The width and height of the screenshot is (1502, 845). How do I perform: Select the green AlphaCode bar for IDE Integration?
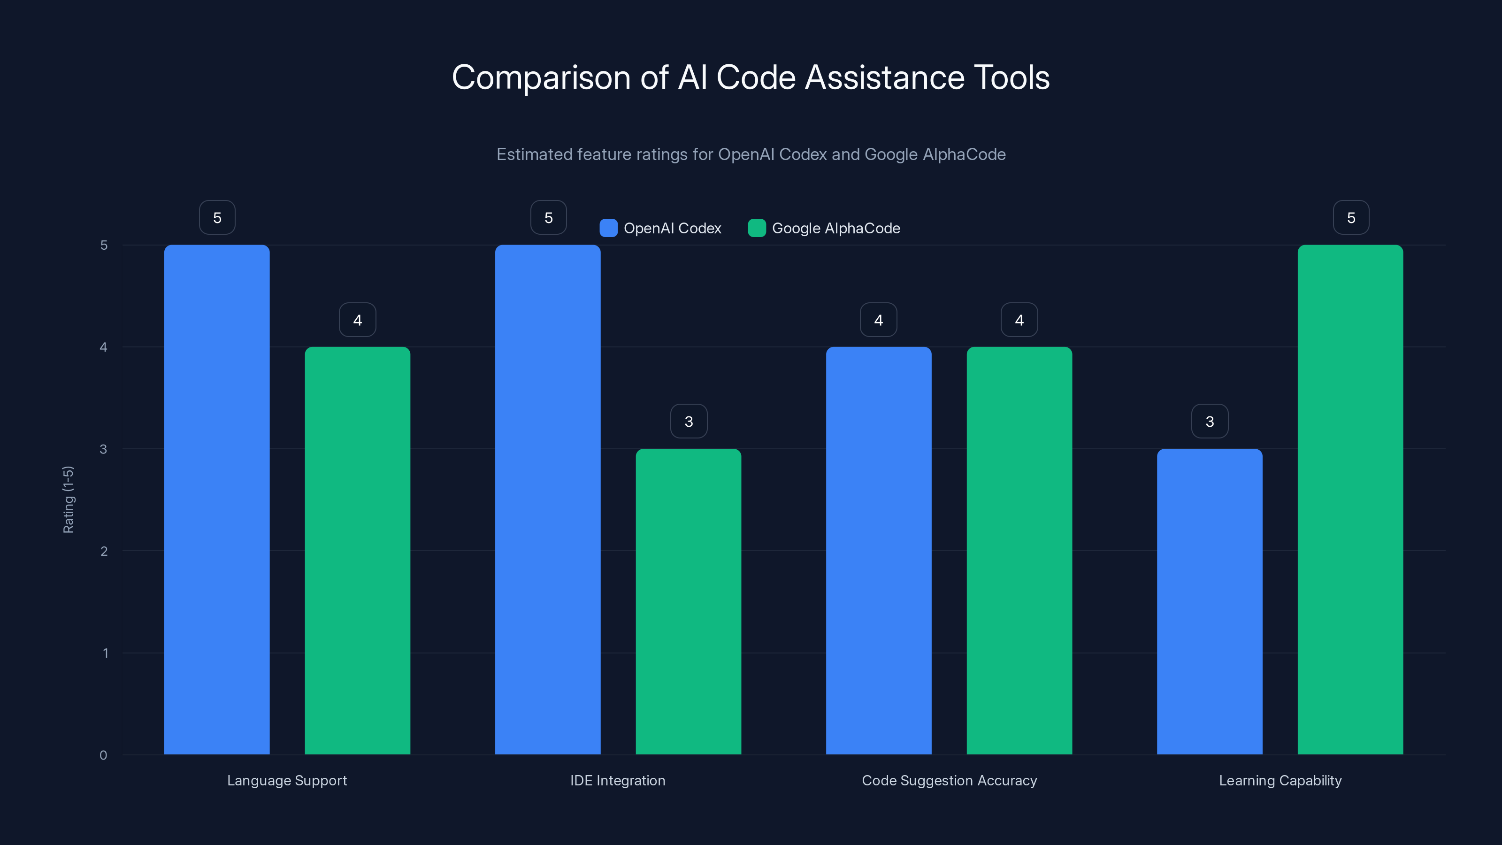pos(688,601)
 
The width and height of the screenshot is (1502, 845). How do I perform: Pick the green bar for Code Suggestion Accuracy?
pos(1019,551)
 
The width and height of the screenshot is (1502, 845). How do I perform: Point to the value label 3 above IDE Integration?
pos(689,422)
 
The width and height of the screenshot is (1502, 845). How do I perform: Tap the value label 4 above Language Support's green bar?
pos(357,320)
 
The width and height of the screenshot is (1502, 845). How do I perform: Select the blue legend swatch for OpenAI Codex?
pos(608,228)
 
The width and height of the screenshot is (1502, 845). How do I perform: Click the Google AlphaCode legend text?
pos(835,228)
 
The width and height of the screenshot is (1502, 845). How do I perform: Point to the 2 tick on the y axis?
pos(104,551)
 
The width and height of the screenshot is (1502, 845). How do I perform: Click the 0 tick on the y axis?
pos(103,755)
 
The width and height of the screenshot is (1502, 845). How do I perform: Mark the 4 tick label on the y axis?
pos(103,347)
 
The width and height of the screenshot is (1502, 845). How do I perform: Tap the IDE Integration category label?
pos(618,780)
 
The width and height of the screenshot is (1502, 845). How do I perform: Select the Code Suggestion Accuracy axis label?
pos(949,780)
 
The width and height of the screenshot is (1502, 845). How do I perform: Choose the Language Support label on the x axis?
pos(287,780)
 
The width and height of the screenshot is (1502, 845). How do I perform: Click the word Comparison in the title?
pos(541,77)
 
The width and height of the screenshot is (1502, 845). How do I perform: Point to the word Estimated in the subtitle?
pos(534,154)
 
